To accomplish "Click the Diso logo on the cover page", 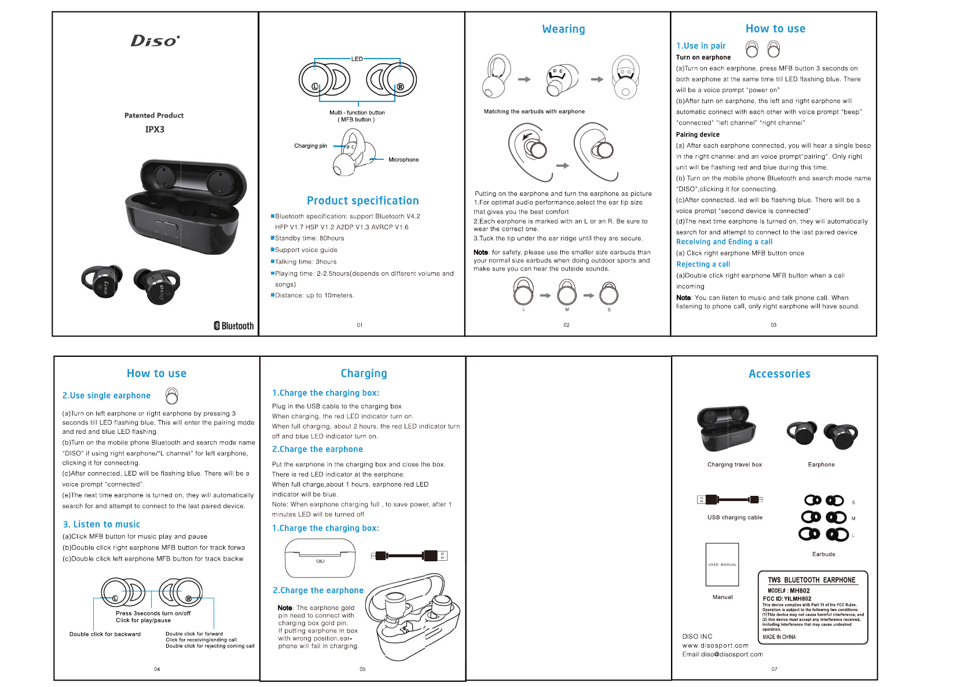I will coord(155,41).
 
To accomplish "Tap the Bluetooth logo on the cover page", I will coord(234,326).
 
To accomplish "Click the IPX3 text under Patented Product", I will coord(155,129).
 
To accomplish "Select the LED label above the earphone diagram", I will coord(357,59).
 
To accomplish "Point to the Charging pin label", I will coord(310,146).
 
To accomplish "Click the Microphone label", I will coord(404,160).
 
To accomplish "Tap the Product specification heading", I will coord(362,201).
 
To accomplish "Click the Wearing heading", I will coord(563,29).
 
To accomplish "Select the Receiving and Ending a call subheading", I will coord(724,242).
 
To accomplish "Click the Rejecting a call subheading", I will coord(703,264).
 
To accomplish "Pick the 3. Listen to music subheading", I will coord(101,524).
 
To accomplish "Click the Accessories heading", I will coord(779,374).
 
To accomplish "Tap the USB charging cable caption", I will coord(735,518).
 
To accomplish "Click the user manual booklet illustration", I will coord(722,564).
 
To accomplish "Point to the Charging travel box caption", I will coord(734,465).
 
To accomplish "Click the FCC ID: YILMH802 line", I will coord(787,599).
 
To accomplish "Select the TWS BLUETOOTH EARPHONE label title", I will coord(811,580).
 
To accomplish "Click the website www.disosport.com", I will coord(715,645).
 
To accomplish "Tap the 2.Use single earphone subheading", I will coord(107,396).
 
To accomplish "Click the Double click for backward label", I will coord(105,634).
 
